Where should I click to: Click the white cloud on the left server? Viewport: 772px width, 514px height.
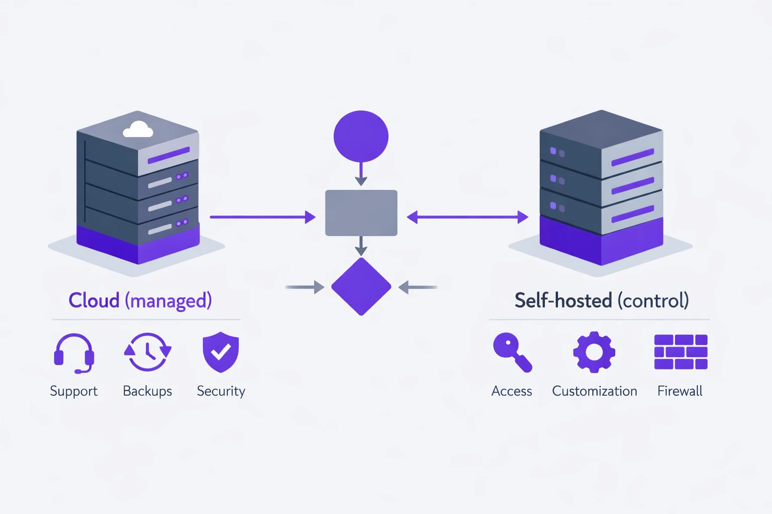[138, 130]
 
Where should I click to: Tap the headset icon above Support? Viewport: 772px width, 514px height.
[74, 353]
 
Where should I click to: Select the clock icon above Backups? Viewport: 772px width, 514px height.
[148, 352]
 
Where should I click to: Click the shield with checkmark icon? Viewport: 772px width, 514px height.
[221, 352]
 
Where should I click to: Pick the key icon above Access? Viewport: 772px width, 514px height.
[512, 352]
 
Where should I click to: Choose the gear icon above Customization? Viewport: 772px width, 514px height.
[594, 352]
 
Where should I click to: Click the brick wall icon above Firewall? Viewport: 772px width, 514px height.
[681, 352]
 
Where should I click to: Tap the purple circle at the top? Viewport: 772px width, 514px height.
[361, 136]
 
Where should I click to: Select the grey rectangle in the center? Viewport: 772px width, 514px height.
[361, 213]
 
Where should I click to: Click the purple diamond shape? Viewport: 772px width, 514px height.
[361, 287]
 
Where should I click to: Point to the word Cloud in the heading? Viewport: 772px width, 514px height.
[94, 300]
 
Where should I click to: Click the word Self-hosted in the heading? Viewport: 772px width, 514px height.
[563, 300]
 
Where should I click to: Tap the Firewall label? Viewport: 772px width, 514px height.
[680, 391]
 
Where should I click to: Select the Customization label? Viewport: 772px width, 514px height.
[594, 391]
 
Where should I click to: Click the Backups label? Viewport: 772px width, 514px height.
[147, 391]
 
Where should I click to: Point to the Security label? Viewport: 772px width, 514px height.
[221, 391]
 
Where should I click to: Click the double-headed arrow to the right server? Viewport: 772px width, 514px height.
[467, 217]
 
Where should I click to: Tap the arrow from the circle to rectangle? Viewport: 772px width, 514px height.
[361, 175]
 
